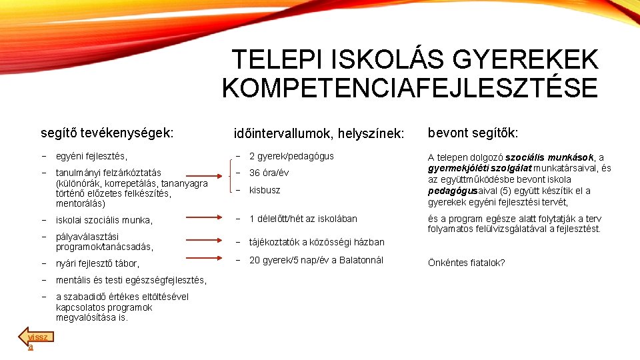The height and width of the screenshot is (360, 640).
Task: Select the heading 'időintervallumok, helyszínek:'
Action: [319, 133]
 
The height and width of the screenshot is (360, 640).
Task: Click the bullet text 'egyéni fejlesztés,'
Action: [91, 156]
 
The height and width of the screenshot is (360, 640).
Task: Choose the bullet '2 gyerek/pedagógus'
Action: [291, 156]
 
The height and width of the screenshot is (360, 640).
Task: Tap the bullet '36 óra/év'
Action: [270, 173]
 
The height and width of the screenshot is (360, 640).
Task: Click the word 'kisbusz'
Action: [265, 190]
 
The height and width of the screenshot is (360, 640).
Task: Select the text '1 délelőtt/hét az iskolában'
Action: [303, 219]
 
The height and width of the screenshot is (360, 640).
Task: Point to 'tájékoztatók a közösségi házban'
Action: [317, 242]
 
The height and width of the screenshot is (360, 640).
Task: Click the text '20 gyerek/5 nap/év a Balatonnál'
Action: [316, 260]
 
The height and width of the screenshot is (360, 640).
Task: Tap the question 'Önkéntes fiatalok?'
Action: [466, 263]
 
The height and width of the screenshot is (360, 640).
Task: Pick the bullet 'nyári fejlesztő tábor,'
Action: [97, 263]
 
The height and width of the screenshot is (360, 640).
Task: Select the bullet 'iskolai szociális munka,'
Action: [104, 220]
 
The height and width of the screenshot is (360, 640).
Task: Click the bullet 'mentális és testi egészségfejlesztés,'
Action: [131, 280]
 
